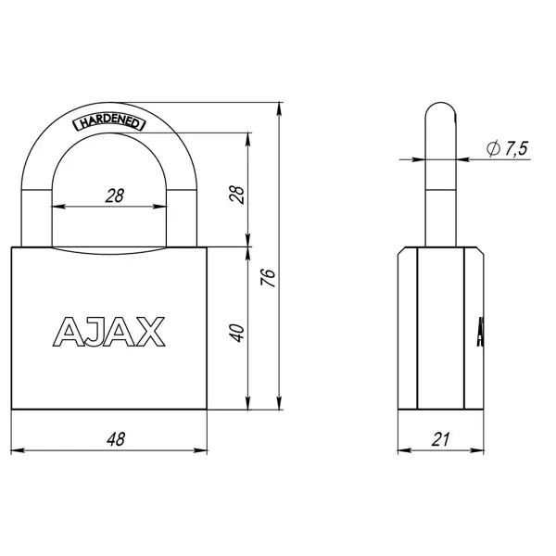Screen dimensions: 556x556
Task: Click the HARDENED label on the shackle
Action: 108,122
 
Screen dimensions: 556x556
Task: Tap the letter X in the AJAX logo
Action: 151,332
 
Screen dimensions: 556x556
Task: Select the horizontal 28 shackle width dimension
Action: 115,196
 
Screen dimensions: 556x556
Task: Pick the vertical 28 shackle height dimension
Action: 237,195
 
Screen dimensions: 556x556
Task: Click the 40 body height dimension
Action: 237,333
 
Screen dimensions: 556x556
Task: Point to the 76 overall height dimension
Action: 268,278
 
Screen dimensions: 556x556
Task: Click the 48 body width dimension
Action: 116,439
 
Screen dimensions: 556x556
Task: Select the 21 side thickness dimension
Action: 441,439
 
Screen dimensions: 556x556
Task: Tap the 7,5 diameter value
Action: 516,148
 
